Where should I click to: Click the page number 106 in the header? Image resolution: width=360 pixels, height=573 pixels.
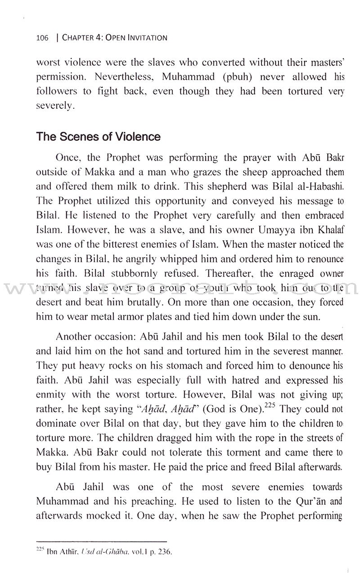pos(42,38)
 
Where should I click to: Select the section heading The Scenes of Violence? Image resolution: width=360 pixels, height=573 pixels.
pos(98,137)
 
